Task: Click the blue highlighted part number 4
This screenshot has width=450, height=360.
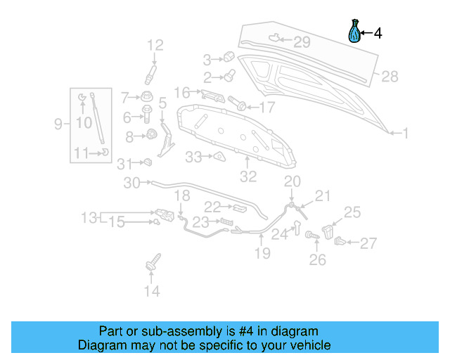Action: click(x=355, y=32)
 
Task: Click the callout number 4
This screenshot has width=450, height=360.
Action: click(x=378, y=33)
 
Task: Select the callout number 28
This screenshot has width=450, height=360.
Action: click(x=390, y=77)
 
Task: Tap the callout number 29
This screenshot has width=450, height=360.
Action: click(x=301, y=42)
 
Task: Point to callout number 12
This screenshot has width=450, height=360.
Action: click(x=155, y=46)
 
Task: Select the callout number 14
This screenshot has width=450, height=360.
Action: click(x=152, y=290)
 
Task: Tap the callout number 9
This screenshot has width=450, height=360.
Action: click(x=58, y=124)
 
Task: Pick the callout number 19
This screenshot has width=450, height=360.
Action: click(x=262, y=253)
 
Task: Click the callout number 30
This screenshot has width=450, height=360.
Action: click(x=131, y=183)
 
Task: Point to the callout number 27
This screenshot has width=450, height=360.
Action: click(x=369, y=244)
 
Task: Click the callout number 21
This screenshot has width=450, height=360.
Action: click(x=322, y=196)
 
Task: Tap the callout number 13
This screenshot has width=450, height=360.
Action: click(x=89, y=217)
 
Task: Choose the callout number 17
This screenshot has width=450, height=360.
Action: click(x=267, y=108)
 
